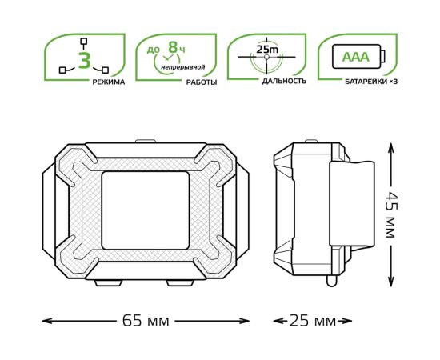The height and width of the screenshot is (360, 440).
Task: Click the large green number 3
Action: click(x=85, y=60)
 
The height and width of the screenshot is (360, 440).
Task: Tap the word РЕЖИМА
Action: click(x=109, y=82)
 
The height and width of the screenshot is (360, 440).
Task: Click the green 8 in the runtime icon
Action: click(x=173, y=47)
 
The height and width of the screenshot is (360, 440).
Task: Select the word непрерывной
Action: click(x=182, y=67)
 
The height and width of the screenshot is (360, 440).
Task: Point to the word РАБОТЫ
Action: click(x=202, y=82)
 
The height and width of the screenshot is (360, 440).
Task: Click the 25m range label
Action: click(x=267, y=50)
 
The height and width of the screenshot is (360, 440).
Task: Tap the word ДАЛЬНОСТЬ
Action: click(x=284, y=82)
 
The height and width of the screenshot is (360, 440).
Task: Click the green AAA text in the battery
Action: click(x=355, y=57)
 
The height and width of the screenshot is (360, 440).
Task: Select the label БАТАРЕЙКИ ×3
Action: click(x=371, y=82)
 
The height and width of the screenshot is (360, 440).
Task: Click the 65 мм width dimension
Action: click(x=146, y=321)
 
